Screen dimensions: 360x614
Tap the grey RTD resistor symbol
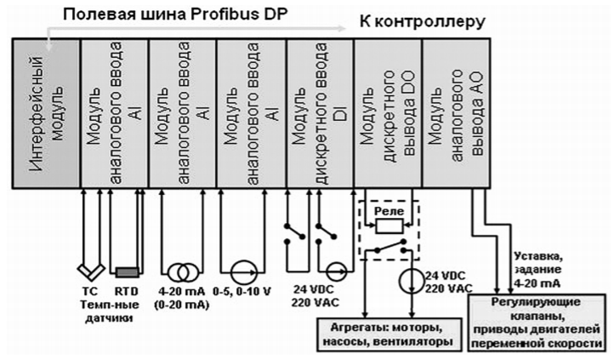pyautogui.click(x=128, y=272)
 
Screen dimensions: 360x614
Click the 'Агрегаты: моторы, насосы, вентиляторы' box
pyautogui.click(x=387, y=334)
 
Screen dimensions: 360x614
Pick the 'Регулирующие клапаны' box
pyautogui.click(x=538, y=318)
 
